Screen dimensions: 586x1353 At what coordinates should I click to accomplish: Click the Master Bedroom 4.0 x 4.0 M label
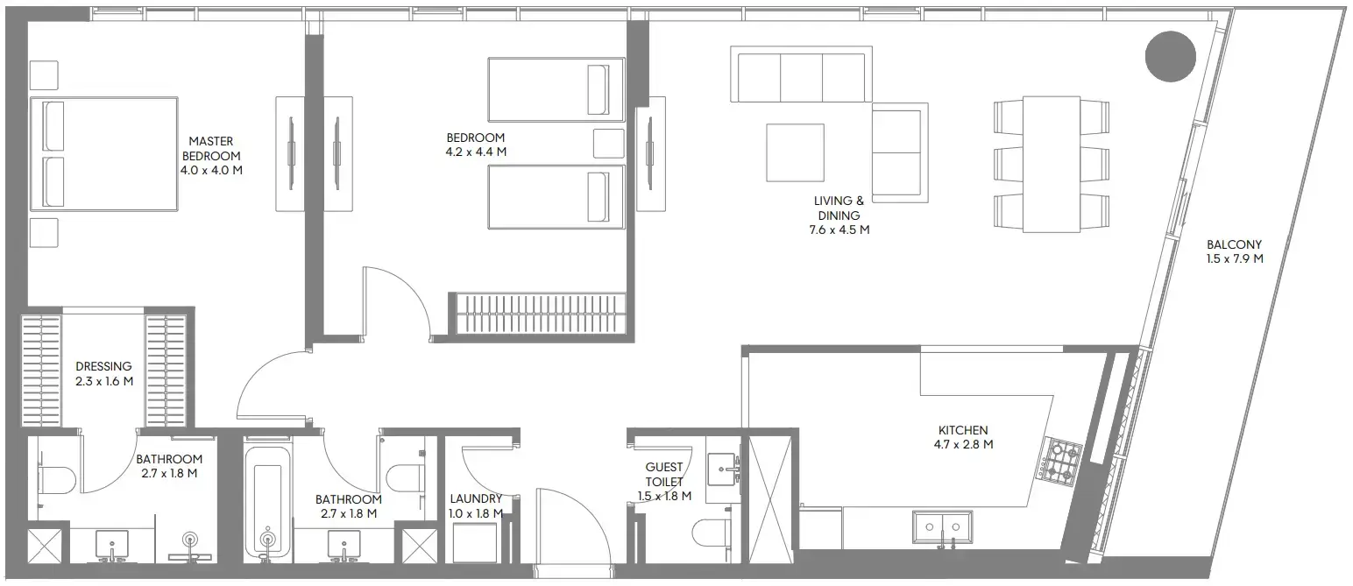tap(210, 155)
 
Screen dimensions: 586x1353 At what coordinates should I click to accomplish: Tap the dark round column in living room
tap(1170, 56)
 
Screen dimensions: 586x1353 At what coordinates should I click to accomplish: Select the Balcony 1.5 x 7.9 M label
tap(1234, 251)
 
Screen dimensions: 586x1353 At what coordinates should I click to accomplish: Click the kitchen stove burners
tap(1061, 461)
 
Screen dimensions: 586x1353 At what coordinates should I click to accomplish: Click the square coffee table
tap(795, 152)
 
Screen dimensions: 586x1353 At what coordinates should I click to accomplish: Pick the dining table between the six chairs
tap(1051, 164)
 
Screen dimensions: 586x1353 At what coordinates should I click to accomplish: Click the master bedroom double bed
tap(105, 153)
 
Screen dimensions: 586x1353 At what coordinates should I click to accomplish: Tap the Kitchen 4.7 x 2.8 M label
tap(963, 437)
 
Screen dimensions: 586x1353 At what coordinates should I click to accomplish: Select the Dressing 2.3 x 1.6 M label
tap(103, 374)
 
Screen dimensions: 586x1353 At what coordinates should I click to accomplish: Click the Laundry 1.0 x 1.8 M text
tap(476, 506)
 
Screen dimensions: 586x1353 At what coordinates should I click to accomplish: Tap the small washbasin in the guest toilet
tap(724, 470)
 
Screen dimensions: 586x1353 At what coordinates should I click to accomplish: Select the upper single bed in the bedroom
tap(555, 89)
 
